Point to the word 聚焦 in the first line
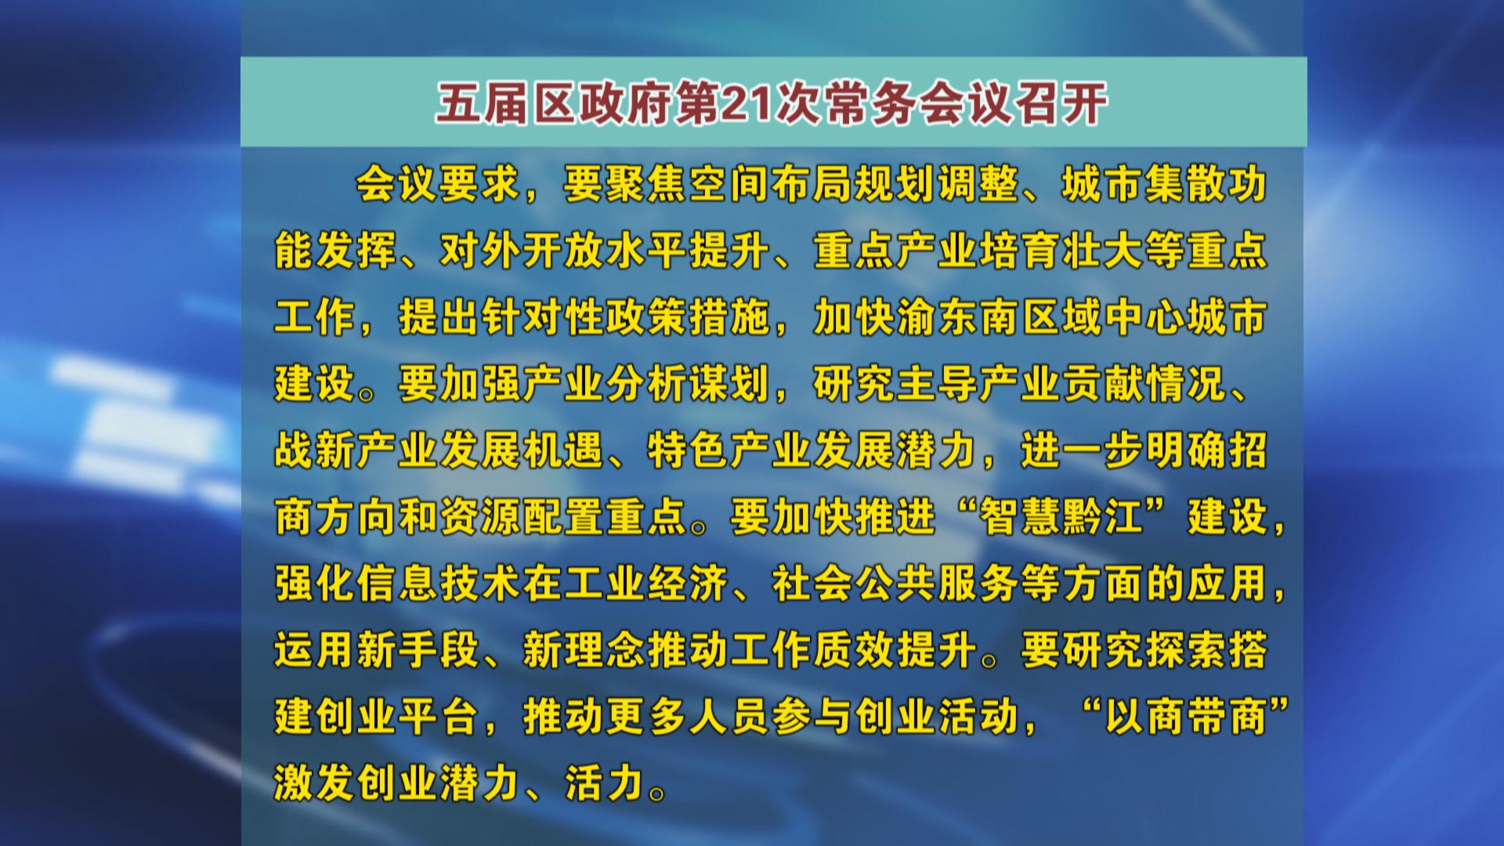coord(646,185)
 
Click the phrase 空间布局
coord(771,185)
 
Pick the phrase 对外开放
coord(522,251)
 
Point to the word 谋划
coord(729,385)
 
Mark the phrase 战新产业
coord(356,451)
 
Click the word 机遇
coord(564,451)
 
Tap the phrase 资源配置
coord(522,518)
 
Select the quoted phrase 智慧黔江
coord(1061,518)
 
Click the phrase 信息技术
coord(439,584)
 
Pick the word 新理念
coord(584,651)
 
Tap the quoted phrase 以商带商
coord(1186,717)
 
